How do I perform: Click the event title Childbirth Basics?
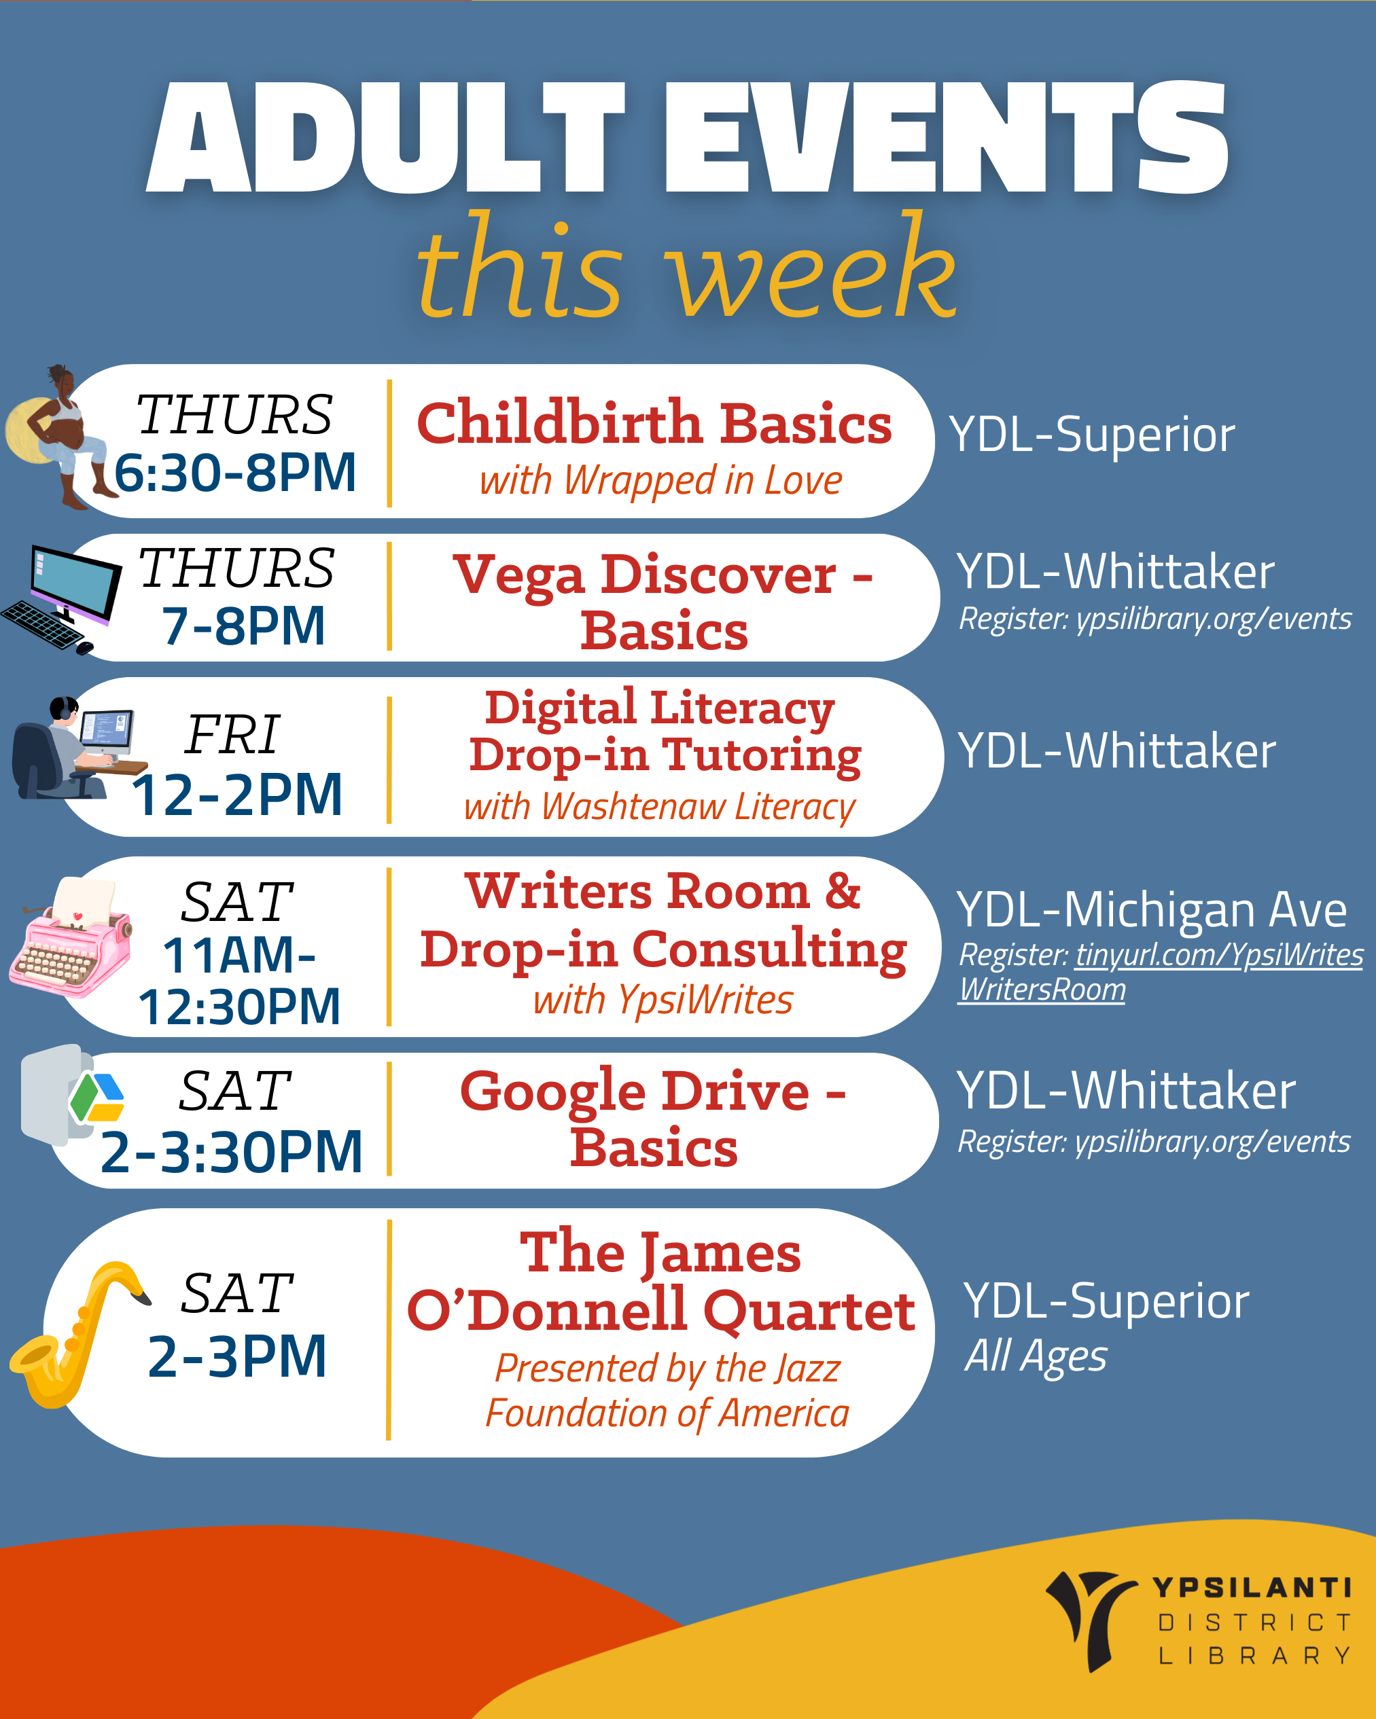click(x=654, y=422)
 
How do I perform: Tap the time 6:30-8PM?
click(x=234, y=472)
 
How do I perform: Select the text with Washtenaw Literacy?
click(x=659, y=807)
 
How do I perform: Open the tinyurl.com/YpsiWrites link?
click(x=1219, y=954)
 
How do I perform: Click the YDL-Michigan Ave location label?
click(x=1152, y=909)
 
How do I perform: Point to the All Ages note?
click(x=1036, y=1356)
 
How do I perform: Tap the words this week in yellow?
click(x=686, y=268)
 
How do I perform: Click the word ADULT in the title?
click(x=386, y=137)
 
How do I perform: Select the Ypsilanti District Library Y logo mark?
click(x=1090, y=1620)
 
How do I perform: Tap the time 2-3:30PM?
click(x=231, y=1151)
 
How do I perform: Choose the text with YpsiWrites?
click(x=663, y=1000)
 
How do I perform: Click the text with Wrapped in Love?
click(x=660, y=481)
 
